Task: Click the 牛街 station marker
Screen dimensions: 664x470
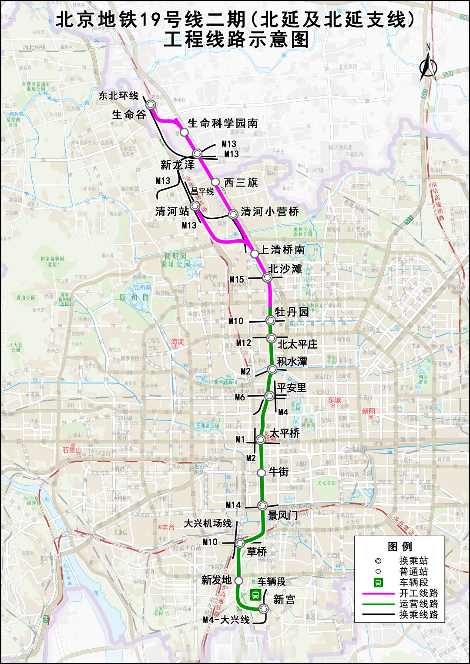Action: point(261,473)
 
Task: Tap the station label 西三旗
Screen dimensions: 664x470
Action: point(241,183)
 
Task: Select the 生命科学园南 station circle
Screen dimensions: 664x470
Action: point(184,132)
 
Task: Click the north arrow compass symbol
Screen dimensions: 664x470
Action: point(428,65)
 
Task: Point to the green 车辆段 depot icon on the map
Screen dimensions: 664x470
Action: point(255,594)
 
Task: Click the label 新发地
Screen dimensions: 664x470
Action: point(216,580)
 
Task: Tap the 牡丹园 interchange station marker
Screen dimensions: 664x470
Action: point(270,320)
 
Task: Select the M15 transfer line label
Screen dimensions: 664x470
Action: point(237,280)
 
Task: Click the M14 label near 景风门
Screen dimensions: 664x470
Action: point(233,505)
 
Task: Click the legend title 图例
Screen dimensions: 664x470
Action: point(399,547)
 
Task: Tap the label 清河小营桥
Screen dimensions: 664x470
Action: point(270,212)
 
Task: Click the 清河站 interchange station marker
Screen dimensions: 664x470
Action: point(195,206)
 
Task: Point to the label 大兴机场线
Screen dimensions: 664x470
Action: point(208,523)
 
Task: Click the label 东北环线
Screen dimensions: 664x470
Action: point(118,96)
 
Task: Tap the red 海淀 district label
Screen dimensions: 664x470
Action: point(178,342)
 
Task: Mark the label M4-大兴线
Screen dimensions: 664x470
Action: point(227,620)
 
